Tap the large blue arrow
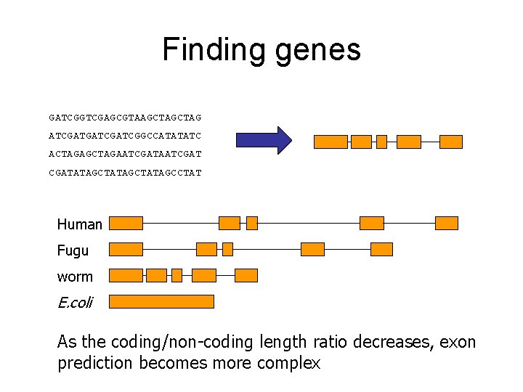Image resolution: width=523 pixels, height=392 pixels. point(263,140)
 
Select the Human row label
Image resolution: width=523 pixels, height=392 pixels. point(80,224)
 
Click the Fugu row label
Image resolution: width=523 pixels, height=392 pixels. point(73,250)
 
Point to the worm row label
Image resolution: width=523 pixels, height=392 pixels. point(75,277)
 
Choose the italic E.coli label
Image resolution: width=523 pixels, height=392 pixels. point(75,303)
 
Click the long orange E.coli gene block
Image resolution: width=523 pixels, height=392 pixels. point(161,301)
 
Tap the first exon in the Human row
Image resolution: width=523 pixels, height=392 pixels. point(126,223)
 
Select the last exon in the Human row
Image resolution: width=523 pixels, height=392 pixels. point(447,223)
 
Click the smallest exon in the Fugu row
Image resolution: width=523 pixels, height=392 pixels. point(227,249)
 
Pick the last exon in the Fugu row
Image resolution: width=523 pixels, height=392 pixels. point(381,249)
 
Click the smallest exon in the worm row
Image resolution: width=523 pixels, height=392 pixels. point(177,275)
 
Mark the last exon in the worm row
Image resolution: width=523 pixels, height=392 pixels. point(246,275)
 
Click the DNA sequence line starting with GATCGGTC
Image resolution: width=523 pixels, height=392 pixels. point(125,117)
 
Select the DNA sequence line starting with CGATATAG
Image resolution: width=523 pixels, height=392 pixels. point(125,173)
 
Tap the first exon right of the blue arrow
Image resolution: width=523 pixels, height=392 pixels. point(331,142)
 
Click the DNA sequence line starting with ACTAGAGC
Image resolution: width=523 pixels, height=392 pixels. point(125,155)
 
